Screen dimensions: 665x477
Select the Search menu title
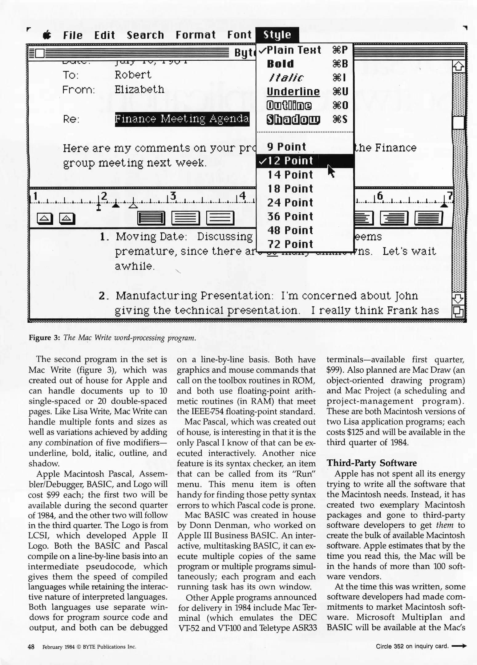tap(145, 35)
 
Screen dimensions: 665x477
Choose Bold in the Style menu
tap(280, 64)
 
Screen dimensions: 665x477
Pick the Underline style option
tap(293, 92)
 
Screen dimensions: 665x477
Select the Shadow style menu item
tap(293, 119)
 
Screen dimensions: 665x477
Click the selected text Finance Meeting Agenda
tap(182, 119)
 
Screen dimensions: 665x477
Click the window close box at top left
tap(40, 53)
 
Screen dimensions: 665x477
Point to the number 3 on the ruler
tap(173, 195)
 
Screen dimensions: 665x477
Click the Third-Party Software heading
tap(371, 463)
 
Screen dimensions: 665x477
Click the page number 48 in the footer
tap(31, 647)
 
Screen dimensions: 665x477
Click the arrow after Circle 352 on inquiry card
tap(459, 646)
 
